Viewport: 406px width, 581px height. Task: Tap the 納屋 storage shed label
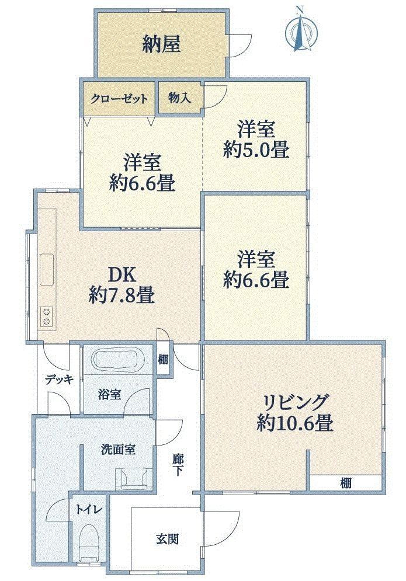(x=161, y=45)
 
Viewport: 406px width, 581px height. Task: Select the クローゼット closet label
(x=119, y=99)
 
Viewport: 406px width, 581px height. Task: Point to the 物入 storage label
(x=179, y=98)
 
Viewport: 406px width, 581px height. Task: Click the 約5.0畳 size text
(x=256, y=151)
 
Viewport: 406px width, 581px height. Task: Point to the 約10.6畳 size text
(x=295, y=423)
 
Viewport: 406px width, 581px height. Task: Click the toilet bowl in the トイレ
(x=89, y=540)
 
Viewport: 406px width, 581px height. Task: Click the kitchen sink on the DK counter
(x=47, y=269)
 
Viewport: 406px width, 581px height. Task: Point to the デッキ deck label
(x=60, y=380)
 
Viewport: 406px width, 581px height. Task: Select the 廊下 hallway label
(x=178, y=465)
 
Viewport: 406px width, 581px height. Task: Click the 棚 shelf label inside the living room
(x=346, y=483)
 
